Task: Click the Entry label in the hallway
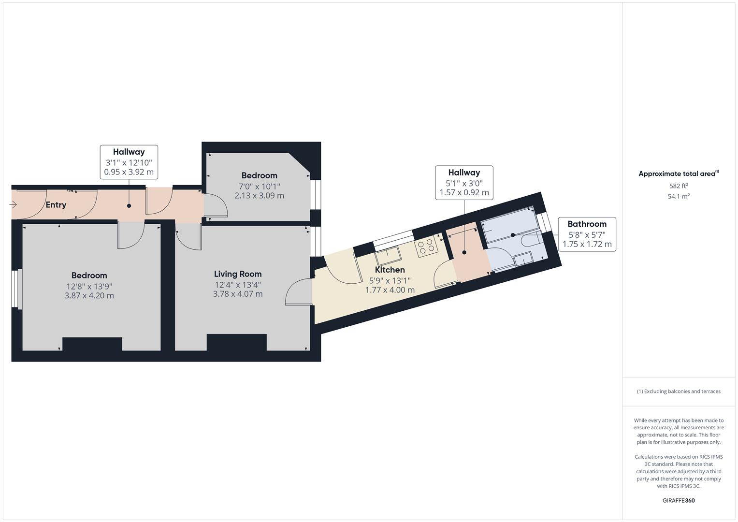(x=56, y=205)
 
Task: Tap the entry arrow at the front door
(x=14, y=205)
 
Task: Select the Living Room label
(x=238, y=274)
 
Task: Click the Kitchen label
(x=390, y=270)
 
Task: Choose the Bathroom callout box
(x=587, y=234)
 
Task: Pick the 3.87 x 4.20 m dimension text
(x=89, y=296)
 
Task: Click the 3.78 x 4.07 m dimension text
(x=238, y=294)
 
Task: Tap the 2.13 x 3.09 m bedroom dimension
(x=260, y=196)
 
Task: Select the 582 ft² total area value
(x=679, y=186)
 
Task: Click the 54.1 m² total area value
(x=679, y=197)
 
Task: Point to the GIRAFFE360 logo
(x=679, y=501)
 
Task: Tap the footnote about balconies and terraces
(x=679, y=391)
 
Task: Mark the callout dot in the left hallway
(x=129, y=206)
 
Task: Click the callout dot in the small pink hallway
(x=464, y=252)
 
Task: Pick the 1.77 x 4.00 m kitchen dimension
(x=390, y=290)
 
